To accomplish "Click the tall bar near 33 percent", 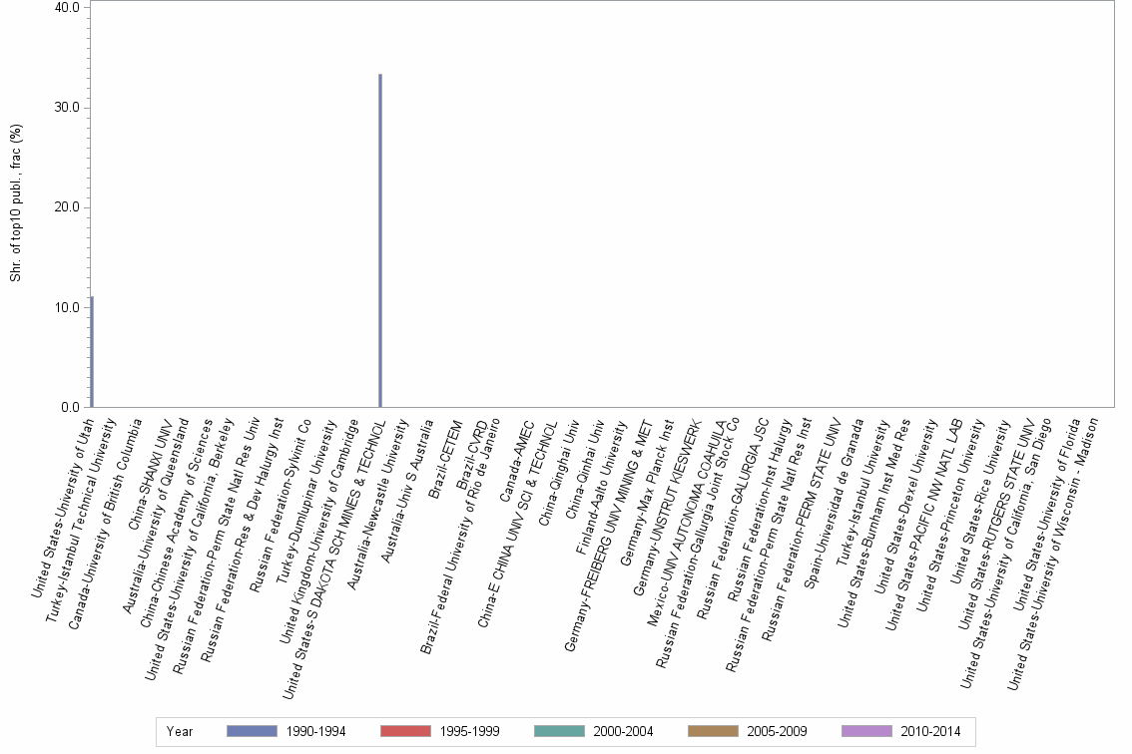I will (380, 239).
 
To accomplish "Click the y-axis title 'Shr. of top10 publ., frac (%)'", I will (16, 203).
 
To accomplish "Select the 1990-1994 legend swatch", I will (252, 731).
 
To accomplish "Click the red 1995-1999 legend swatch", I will (405, 731).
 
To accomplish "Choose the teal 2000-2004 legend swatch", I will (559, 731).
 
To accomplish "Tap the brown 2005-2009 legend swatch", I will (713, 731).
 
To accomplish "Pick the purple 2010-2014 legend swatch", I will (866, 731).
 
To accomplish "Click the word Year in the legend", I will (181, 732).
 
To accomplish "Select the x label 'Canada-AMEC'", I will (519, 458).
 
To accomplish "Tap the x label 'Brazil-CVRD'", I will (471, 454).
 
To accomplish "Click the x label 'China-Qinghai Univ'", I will (560, 474).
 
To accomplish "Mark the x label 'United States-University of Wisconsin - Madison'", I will (1055, 539).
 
